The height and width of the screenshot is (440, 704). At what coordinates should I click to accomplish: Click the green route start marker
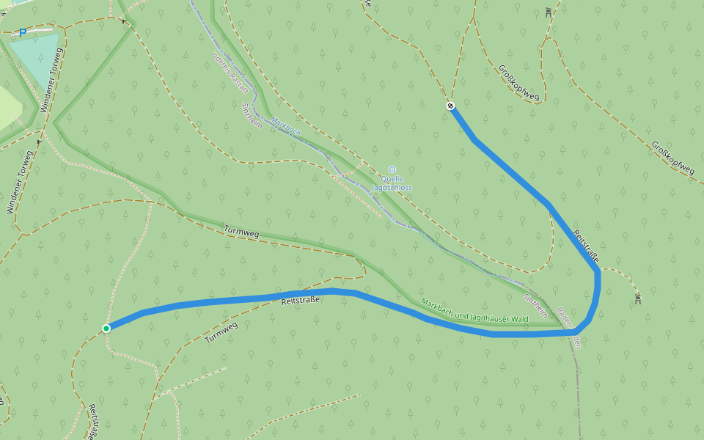106,328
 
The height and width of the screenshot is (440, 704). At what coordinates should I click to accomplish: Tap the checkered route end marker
450,106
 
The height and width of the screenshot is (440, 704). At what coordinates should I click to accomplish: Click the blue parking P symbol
23,32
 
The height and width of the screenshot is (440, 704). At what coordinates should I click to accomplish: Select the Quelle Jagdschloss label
392,183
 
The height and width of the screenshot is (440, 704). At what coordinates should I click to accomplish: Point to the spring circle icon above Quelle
392,169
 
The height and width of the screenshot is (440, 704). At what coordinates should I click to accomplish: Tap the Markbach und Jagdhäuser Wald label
474,309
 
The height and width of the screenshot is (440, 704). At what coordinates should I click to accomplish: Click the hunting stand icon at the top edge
548,12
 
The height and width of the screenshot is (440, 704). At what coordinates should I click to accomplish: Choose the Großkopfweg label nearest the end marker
518,83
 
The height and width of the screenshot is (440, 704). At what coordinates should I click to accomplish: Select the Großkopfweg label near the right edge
672,158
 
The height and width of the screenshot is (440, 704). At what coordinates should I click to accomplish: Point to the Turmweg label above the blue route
241,232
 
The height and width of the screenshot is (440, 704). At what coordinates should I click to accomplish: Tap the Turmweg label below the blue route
221,333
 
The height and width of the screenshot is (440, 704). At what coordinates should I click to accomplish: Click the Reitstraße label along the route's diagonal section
585,245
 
